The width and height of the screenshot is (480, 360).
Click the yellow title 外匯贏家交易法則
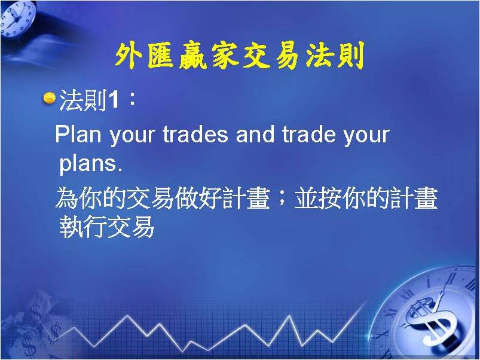tap(240, 56)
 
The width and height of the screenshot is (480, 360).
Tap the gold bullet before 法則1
tap(49, 98)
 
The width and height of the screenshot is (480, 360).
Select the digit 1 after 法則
tap(112, 100)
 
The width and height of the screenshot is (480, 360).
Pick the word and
tap(255, 135)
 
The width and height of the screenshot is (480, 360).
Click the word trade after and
tap(308, 135)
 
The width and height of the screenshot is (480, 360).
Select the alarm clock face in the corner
tap(18, 19)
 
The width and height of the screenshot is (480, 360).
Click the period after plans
tap(120, 169)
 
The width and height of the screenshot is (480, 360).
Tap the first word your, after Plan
tap(132, 136)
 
